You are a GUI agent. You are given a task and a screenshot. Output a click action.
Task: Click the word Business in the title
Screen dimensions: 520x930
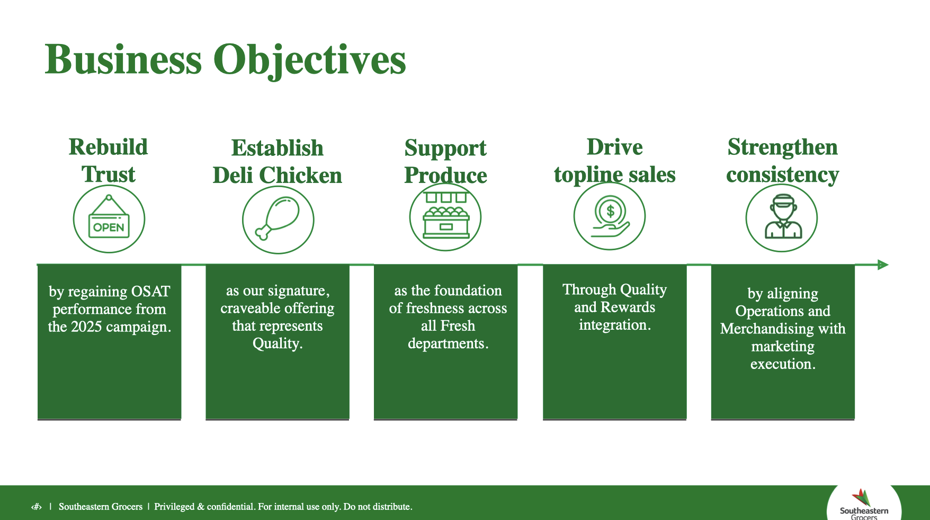[x=123, y=60]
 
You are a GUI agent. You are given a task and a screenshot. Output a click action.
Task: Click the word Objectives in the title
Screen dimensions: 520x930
[x=309, y=60]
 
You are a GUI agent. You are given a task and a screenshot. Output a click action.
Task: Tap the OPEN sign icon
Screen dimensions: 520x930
[x=109, y=219]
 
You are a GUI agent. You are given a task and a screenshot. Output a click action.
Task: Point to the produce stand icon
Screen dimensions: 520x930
[x=445, y=217]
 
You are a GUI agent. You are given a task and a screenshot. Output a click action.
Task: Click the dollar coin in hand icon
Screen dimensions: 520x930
[x=610, y=216]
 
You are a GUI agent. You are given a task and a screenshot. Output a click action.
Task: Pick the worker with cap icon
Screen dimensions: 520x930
[x=782, y=217]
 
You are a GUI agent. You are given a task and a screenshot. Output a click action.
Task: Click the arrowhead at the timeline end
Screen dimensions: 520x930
[x=882, y=265]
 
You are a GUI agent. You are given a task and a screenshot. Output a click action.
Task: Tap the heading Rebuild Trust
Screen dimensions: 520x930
[x=109, y=161]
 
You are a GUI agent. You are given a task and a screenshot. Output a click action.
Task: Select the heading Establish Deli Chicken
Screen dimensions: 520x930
[x=278, y=162]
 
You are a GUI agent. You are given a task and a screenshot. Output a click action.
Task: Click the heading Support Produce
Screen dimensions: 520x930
[x=445, y=162]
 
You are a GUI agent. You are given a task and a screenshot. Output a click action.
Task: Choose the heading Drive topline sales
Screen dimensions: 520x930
[x=614, y=161]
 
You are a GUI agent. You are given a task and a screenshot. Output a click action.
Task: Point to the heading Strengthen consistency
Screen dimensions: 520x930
[x=782, y=161]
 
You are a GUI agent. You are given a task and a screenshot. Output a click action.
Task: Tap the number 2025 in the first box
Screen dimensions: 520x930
[x=87, y=327]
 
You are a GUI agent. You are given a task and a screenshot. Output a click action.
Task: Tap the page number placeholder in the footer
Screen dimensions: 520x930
[x=36, y=507]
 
